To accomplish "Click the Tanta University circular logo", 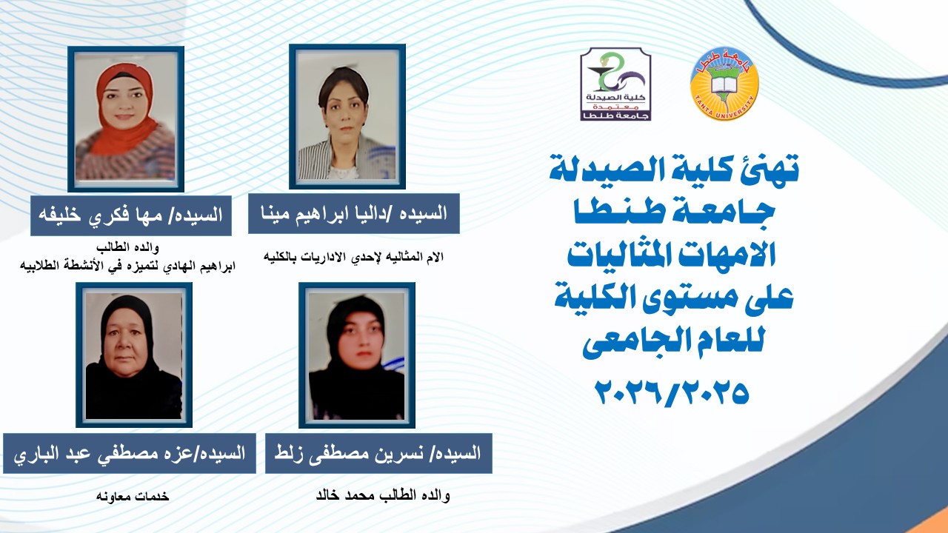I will coord(724,87).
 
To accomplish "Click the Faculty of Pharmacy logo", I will coord(614,84).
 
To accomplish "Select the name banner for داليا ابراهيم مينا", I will coord(354,214).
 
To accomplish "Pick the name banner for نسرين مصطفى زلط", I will coord(378,453).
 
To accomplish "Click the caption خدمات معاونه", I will coord(133,496).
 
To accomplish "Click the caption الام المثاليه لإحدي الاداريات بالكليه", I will coord(353,257).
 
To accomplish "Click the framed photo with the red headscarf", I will coord(126,118).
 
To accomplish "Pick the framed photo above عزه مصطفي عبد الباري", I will coord(134,355).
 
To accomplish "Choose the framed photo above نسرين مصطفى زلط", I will coord(356,355).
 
